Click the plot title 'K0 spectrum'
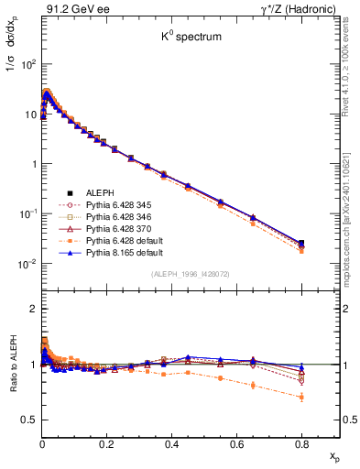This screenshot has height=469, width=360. [x=191, y=39]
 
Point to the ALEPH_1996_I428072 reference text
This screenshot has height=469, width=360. [x=191, y=274]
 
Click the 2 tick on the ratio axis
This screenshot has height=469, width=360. [x=33, y=309]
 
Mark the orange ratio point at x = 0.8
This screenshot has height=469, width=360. [x=301, y=397]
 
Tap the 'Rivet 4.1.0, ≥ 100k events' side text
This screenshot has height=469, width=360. [x=351, y=73]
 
